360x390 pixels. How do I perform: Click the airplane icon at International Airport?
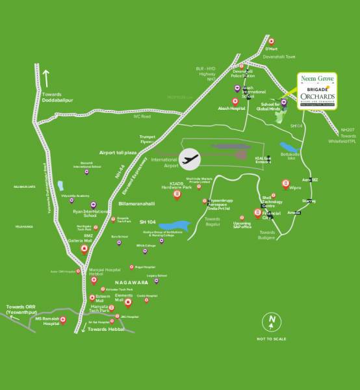pyautogui.click(x=190, y=158)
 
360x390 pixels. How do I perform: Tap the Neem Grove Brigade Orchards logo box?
pyautogui.click(x=317, y=90)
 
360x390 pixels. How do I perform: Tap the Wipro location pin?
pyautogui.click(x=285, y=184)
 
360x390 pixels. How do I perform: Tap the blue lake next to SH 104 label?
pyautogui.click(x=177, y=224)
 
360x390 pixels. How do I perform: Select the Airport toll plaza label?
pyautogui.click(x=117, y=152)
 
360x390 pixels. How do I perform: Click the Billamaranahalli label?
pyautogui.click(x=139, y=203)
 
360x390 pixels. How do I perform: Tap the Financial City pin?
pyautogui.click(x=257, y=213)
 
